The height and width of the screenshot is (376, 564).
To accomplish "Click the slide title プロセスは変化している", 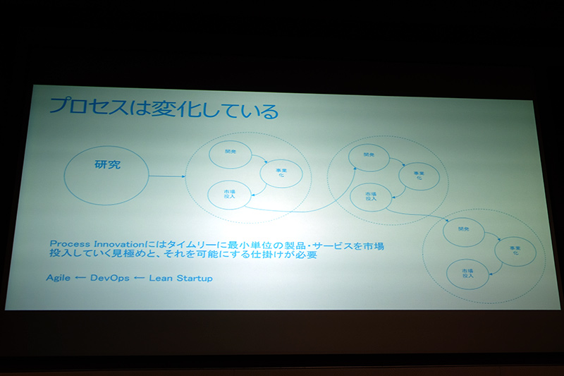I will click(163, 110).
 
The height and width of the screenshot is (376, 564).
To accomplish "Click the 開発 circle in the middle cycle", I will click(368, 159).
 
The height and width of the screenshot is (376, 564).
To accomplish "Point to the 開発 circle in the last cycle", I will click(463, 231).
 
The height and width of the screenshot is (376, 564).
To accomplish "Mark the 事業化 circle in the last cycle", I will click(514, 250).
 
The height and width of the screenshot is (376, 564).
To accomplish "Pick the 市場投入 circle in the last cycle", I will click(467, 272).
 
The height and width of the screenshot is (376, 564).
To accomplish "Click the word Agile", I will click(58, 278).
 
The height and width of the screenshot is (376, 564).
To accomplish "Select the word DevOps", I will click(109, 278).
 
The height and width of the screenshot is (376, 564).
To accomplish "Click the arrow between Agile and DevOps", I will click(80, 278).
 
